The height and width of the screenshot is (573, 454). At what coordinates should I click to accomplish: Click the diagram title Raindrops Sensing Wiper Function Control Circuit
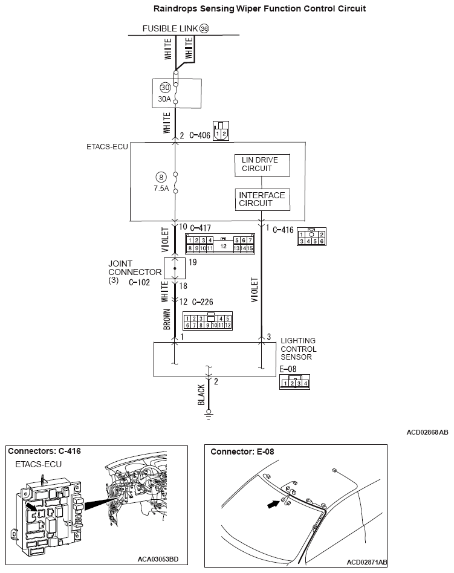[x=251, y=8]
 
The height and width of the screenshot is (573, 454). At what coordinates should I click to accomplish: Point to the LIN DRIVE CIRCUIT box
[x=262, y=165]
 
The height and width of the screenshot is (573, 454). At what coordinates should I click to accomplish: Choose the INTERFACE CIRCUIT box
[x=262, y=199]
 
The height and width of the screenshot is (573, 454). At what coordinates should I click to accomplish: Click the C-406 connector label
[x=200, y=136]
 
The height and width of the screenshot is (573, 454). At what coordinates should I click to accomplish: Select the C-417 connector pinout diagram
[x=219, y=243]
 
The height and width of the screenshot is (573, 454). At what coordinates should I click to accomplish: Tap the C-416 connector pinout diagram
[x=311, y=238]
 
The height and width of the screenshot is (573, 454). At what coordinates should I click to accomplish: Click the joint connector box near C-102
[x=175, y=267]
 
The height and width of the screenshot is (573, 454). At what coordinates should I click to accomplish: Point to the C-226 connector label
[x=203, y=302]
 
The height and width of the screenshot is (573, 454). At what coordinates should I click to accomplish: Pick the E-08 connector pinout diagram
[x=295, y=382]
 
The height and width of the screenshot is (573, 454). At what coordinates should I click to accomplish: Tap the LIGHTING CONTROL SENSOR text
[x=298, y=349]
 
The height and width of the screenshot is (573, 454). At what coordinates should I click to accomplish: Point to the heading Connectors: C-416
[x=45, y=451]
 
